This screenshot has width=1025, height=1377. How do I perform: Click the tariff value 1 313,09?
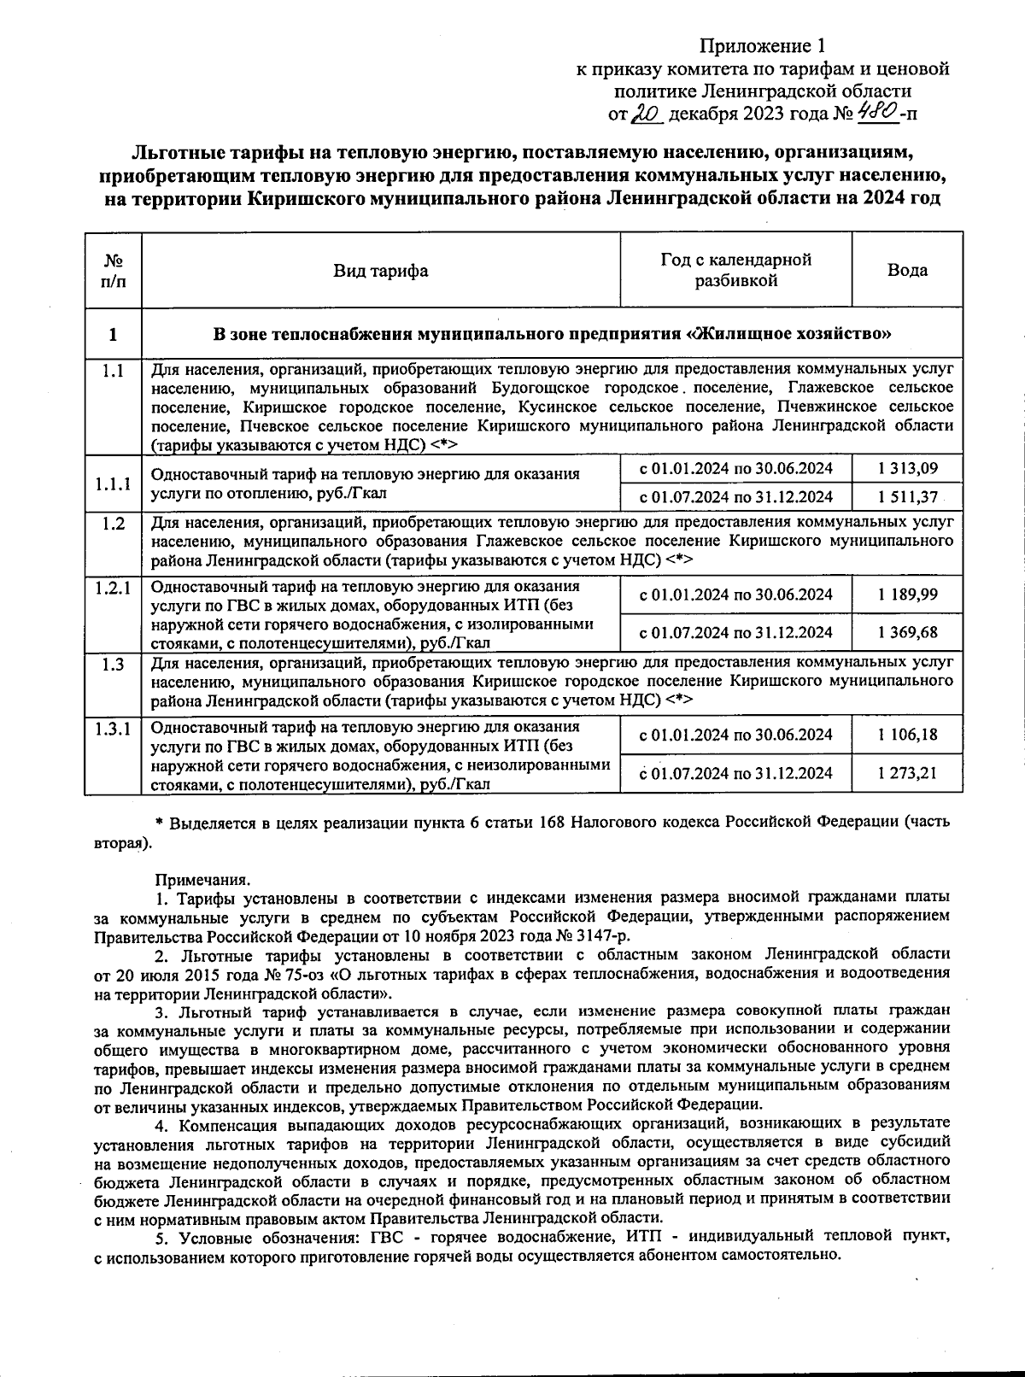pos(906,468)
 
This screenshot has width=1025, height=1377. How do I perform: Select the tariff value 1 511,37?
pos(906,497)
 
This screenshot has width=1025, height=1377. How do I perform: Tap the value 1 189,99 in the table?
pos(906,595)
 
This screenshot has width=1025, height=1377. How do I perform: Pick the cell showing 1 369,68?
pos(906,632)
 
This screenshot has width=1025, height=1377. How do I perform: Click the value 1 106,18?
pos(906,735)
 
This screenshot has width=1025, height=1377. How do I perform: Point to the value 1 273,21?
pos(906,773)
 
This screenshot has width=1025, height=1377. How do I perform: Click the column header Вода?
pos(907,270)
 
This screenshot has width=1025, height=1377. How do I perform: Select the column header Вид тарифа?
pos(380,271)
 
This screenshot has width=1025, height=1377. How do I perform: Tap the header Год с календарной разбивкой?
pos(735,270)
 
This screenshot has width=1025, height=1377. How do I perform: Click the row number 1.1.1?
pos(113,483)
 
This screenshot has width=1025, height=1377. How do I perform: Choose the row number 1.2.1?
pos(113,588)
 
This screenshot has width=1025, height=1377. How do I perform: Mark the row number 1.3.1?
pos(113,728)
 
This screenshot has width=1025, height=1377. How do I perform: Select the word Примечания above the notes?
pos(202,878)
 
